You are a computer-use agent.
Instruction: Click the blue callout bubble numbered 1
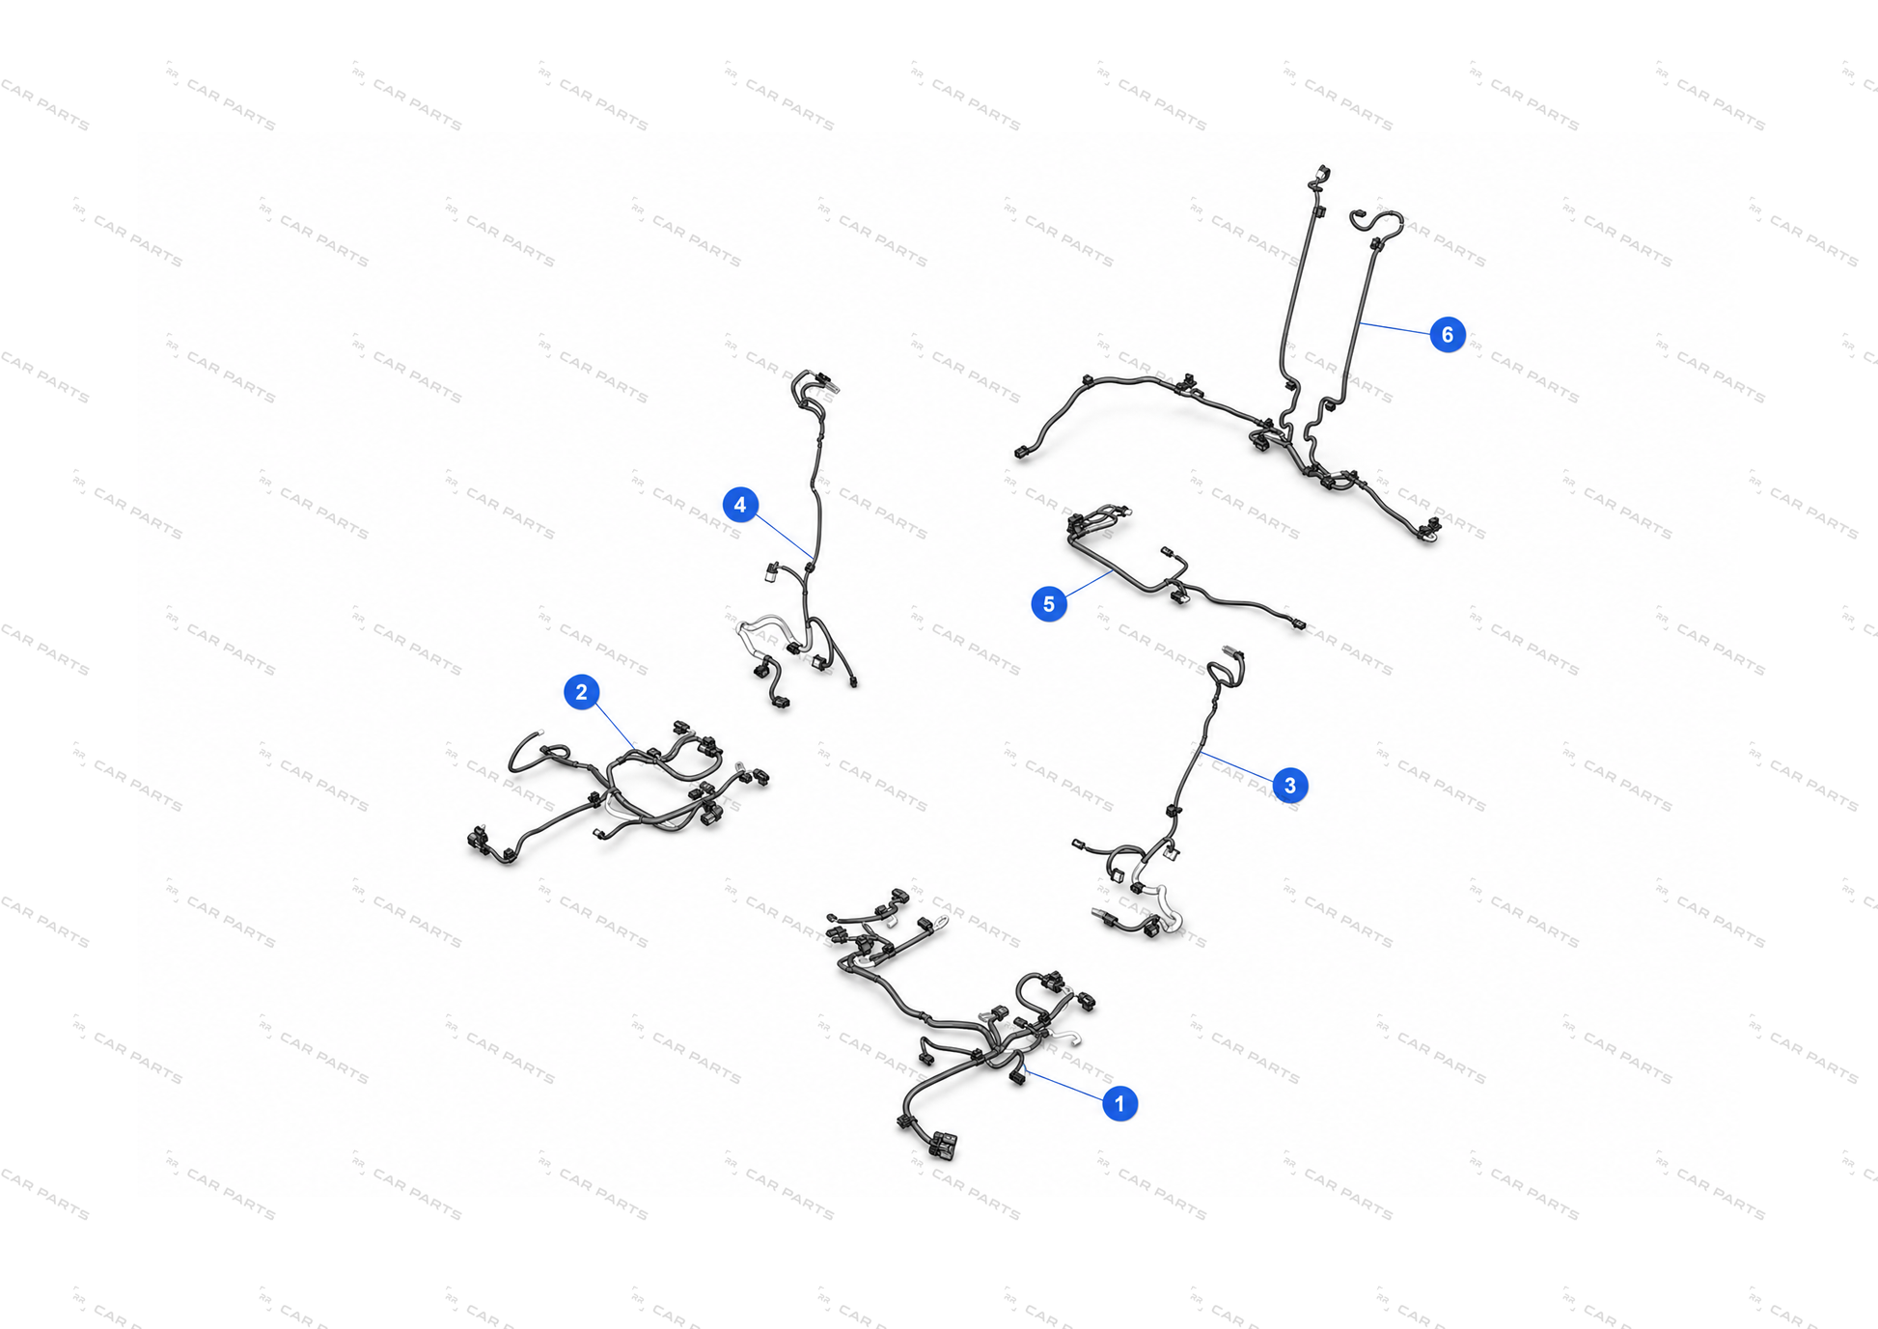click(1119, 1103)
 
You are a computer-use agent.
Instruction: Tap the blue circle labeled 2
click(581, 692)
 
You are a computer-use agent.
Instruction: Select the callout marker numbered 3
click(1290, 786)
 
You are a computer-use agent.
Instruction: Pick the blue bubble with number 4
click(740, 505)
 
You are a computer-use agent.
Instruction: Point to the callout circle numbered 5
click(1049, 604)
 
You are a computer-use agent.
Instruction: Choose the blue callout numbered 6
click(1447, 335)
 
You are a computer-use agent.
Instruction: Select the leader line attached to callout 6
click(1394, 328)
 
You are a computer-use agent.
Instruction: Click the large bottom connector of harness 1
click(943, 1146)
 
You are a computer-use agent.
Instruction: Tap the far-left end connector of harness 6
click(1021, 452)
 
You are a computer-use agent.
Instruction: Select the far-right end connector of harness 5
click(1298, 625)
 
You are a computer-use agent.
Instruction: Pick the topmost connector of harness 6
click(1320, 175)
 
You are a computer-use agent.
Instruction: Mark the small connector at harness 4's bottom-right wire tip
click(853, 682)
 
